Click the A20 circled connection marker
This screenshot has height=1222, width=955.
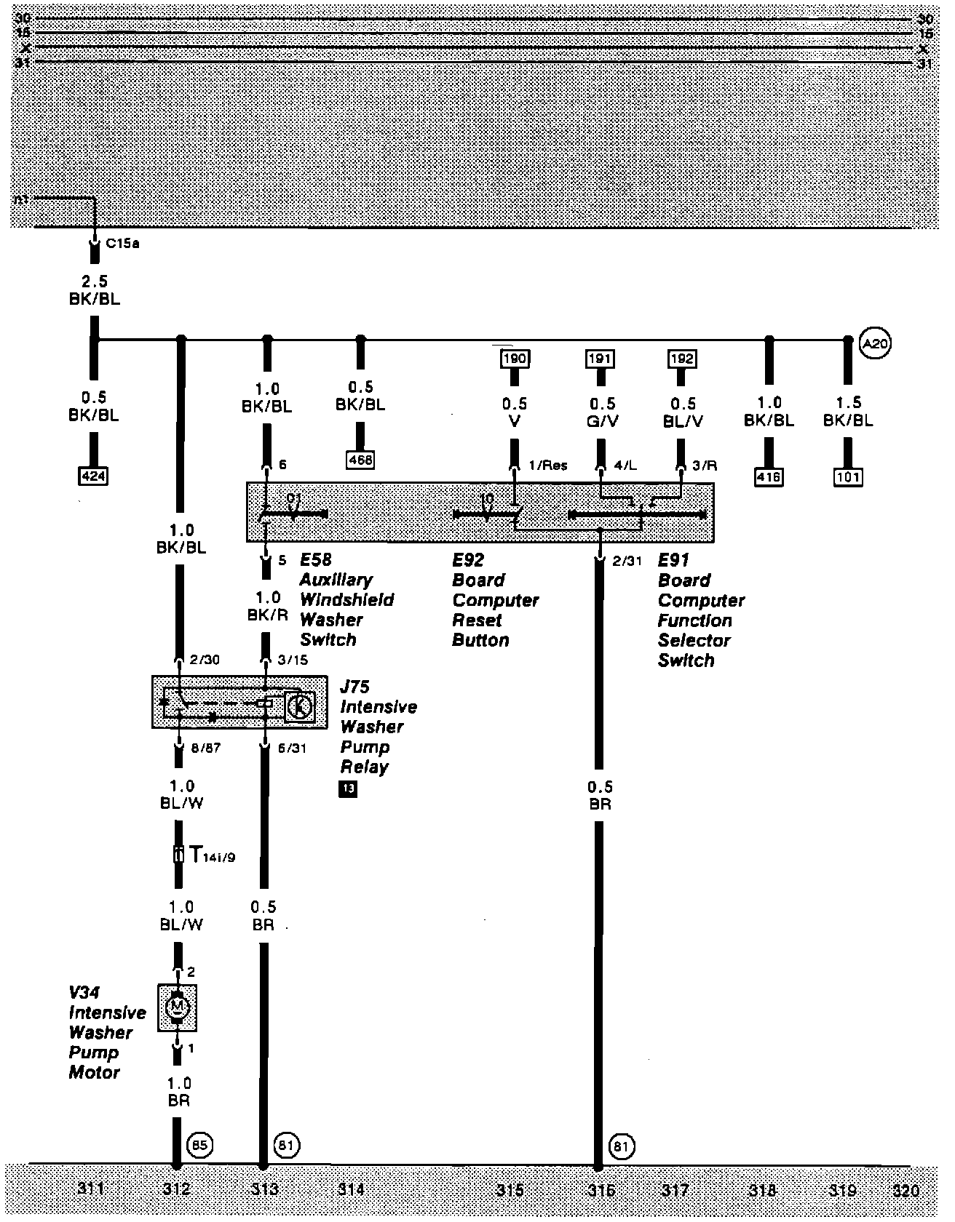click(875, 343)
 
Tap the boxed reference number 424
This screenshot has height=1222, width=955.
click(93, 477)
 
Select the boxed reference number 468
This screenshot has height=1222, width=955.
click(360, 460)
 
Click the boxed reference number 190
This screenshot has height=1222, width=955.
click(515, 358)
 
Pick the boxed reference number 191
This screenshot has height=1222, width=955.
click(601, 358)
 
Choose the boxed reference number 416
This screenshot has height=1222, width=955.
click(769, 477)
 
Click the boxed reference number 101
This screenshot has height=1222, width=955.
click(848, 477)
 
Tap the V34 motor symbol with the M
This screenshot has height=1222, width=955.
click(177, 1007)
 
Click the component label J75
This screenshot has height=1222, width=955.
click(354, 687)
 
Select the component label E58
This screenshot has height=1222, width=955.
click(316, 560)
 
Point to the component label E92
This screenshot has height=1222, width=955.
click(468, 560)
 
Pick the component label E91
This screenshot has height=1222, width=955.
click(673, 560)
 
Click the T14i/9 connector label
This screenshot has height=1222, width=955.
click(212, 855)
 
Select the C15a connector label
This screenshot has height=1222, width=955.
click(122, 244)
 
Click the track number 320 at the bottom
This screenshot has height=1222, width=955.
click(906, 1191)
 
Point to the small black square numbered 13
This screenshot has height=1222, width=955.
click(348, 788)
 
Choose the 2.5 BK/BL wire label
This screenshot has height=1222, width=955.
click(94, 289)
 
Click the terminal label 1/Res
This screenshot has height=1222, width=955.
click(548, 466)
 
